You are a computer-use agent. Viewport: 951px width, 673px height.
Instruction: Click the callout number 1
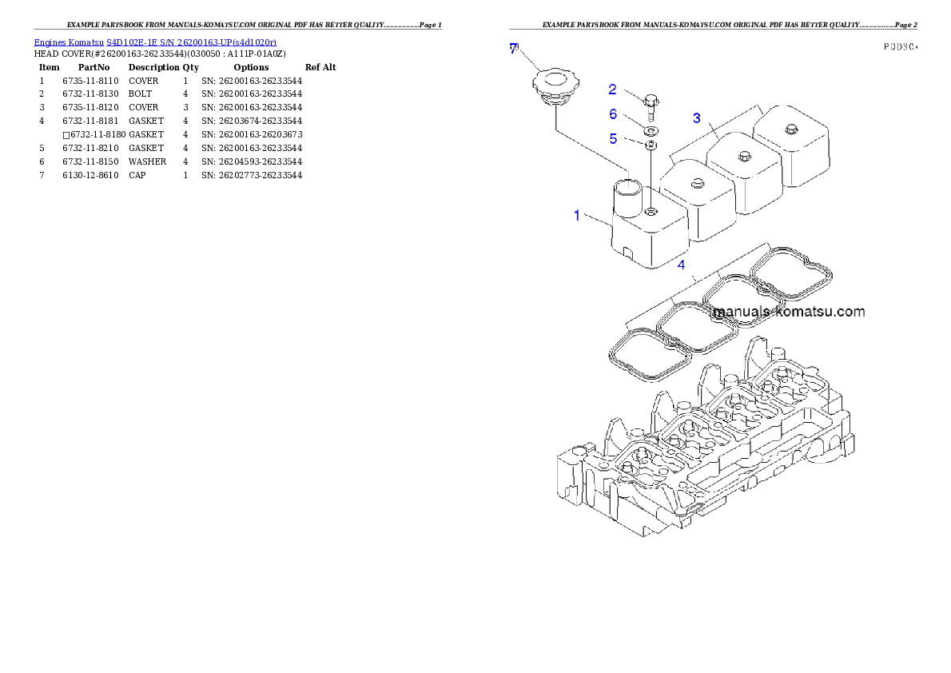tap(577, 215)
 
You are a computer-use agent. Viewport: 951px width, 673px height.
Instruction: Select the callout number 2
tap(612, 90)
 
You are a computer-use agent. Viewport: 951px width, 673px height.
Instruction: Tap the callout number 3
tap(697, 118)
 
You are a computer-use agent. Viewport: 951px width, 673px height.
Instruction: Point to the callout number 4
tap(681, 265)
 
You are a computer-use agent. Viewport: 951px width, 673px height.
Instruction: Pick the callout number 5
tap(613, 138)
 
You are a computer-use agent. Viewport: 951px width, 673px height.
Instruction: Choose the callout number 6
tap(613, 114)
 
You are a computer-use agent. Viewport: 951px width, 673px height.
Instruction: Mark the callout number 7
tap(514, 49)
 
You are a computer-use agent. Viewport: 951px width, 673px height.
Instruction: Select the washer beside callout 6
tap(652, 129)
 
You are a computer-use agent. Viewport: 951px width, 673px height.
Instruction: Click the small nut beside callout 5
tap(651, 145)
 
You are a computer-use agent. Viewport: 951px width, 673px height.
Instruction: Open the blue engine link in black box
tap(155, 42)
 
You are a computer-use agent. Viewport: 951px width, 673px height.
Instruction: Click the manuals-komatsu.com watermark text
tap(789, 312)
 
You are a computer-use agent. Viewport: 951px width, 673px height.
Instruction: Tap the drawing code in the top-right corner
tap(900, 47)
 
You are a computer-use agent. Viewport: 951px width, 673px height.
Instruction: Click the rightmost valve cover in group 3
tap(791, 148)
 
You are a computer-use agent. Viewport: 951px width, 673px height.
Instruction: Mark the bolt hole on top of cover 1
tap(652, 212)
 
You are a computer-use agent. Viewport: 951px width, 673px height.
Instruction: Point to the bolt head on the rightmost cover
tap(790, 129)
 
